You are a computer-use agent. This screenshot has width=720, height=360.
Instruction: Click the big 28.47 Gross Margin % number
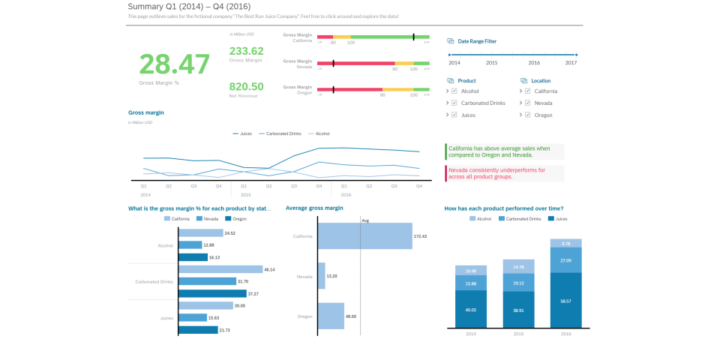click(x=174, y=64)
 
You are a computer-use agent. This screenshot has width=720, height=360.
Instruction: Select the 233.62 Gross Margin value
click(x=246, y=51)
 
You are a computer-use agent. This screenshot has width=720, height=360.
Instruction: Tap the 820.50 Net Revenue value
click(x=246, y=86)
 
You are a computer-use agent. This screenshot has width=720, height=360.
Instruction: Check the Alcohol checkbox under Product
click(x=454, y=91)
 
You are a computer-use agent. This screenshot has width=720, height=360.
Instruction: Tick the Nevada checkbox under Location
click(x=528, y=103)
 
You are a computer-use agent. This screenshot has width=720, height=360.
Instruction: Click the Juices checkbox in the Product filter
click(x=454, y=115)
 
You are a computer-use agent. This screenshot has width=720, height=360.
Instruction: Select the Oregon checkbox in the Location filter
click(x=528, y=115)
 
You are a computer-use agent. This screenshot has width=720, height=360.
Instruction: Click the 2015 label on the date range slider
click(x=491, y=63)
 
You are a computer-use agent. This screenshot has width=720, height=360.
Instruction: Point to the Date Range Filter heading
click(x=477, y=41)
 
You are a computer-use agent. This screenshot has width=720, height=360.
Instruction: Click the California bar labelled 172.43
click(x=364, y=235)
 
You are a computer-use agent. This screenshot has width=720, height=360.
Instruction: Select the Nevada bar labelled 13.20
click(x=321, y=276)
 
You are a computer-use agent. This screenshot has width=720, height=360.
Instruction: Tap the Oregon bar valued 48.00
click(x=331, y=316)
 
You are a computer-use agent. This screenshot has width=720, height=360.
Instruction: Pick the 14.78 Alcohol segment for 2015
click(x=518, y=266)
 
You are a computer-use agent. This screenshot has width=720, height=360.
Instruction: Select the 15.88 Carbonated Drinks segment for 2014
click(x=471, y=283)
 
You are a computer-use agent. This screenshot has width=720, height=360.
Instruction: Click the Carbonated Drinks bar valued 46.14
click(x=220, y=269)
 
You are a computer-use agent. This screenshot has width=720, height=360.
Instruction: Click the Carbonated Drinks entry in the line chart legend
click(x=280, y=133)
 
